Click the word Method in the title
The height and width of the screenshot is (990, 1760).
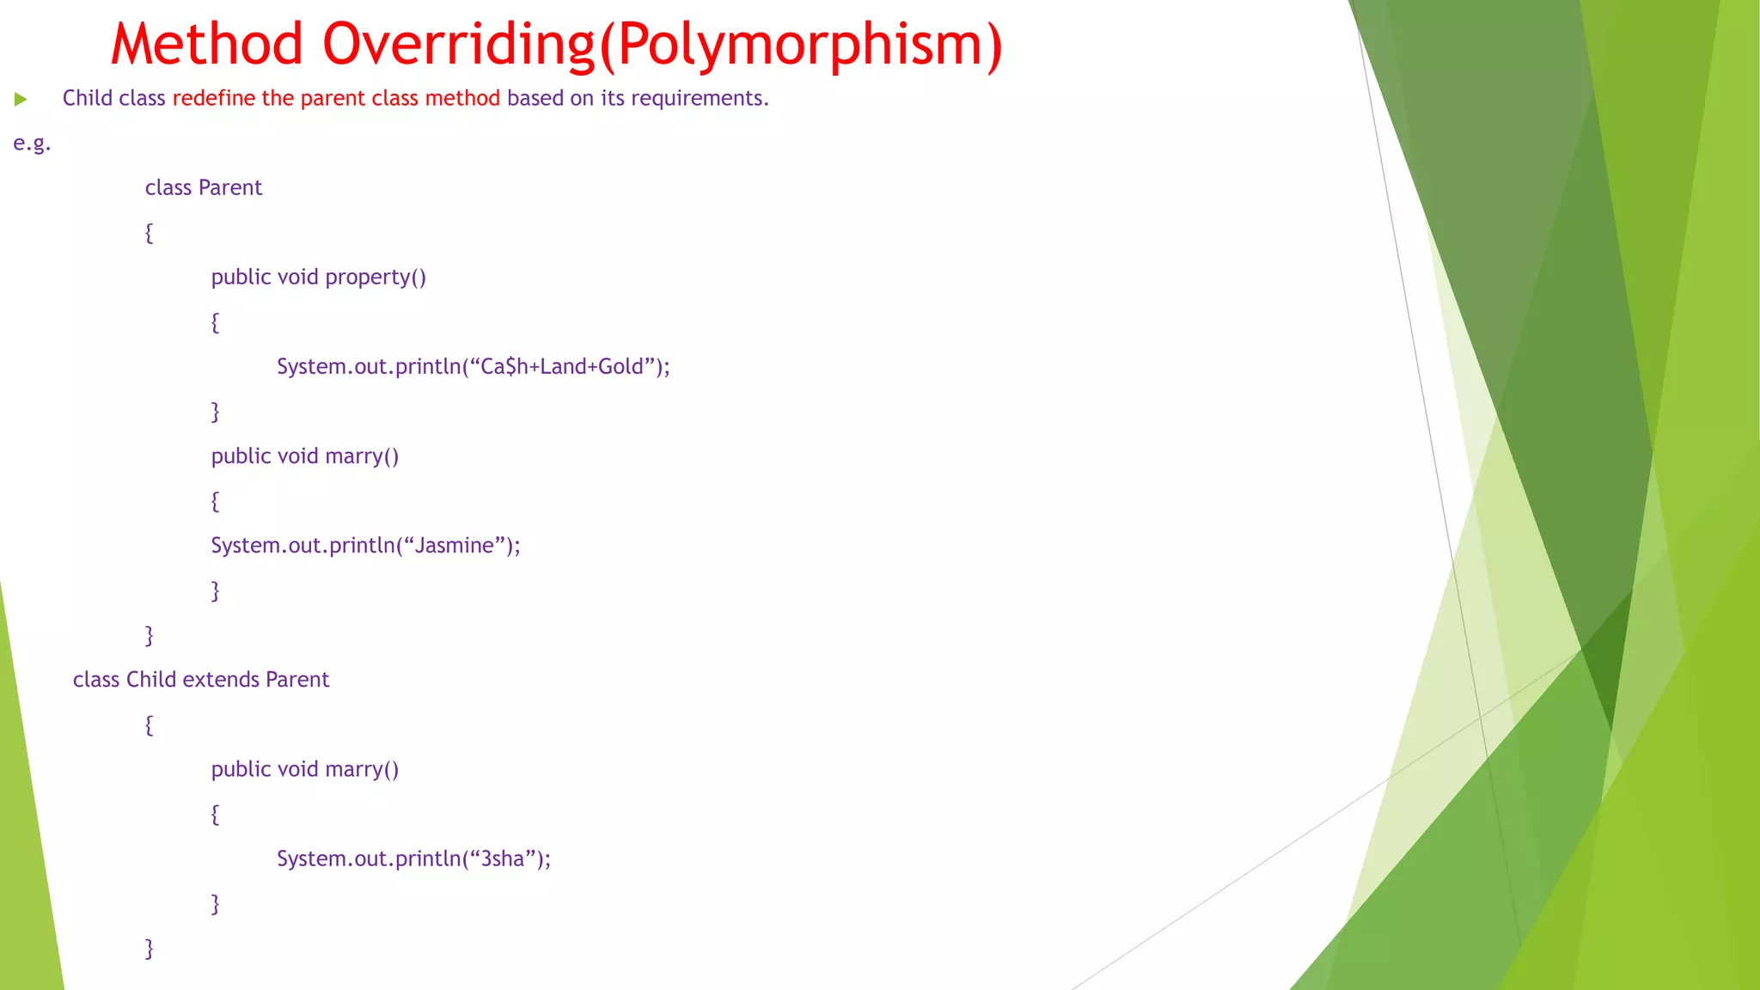pyautogui.click(x=207, y=44)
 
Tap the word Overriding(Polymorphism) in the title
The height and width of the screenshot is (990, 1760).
pyautogui.click(x=663, y=44)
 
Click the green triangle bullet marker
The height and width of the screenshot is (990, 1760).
pyautogui.click(x=21, y=100)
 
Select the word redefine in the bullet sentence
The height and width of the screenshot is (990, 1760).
pyautogui.click(x=214, y=98)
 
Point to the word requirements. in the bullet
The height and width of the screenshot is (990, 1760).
pyautogui.click(x=700, y=99)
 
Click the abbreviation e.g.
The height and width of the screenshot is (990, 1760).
pyautogui.click(x=32, y=144)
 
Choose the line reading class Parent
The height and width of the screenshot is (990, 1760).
pyautogui.click(x=203, y=187)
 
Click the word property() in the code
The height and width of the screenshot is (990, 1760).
pyautogui.click(x=376, y=278)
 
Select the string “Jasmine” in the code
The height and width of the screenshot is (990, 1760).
pyautogui.click(x=455, y=546)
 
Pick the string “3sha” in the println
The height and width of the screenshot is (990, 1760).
pyautogui.click(x=503, y=859)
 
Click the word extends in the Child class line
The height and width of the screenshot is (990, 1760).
pyautogui.click(x=220, y=680)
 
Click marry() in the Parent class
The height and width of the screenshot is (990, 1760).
pyautogui.click(x=362, y=456)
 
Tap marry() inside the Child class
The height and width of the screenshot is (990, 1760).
pyautogui.click(x=362, y=769)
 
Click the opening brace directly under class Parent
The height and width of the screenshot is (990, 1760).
pyautogui.click(x=150, y=233)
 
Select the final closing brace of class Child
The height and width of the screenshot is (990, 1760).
pyautogui.click(x=150, y=948)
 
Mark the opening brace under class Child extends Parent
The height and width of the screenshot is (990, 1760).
pyautogui.click(x=150, y=724)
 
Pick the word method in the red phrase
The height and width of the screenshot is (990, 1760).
pyautogui.click(x=462, y=98)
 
